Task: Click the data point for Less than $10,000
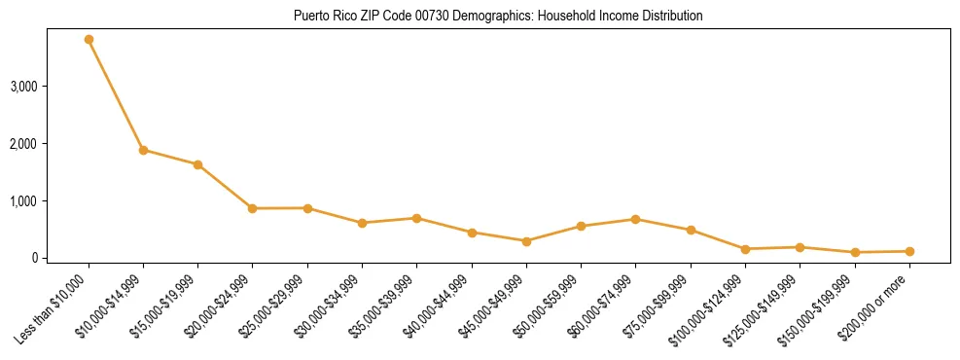(89, 40)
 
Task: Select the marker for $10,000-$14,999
(143, 150)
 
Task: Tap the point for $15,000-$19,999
(197, 164)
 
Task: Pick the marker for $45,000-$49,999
(526, 241)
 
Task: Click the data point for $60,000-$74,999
(635, 219)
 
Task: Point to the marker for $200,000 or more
(909, 251)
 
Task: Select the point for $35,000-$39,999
(416, 218)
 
